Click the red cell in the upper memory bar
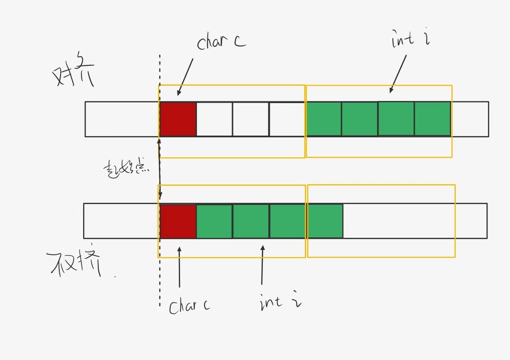pyautogui.click(x=178, y=119)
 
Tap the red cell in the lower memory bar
pyautogui.click(x=178, y=221)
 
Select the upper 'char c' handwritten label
pyautogui.click(x=221, y=42)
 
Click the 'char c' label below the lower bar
pyautogui.click(x=190, y=305)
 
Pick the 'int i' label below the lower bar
pyautogui.click(x=280, y=301)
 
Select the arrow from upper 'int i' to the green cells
pyautogui.click(x=398, y=73)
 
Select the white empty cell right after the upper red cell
pyautogui.click(x=214, y=119)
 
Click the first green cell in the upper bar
pyautogui.click(x=324, y=119)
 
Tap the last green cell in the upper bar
pyautogui.click(x=433, y=119)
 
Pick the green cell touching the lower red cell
pyautogui.click(x=214, y=221)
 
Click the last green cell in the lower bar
pyautogui.click(x=325, y=221)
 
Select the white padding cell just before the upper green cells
pyautogui.click(x=287, y=119)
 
